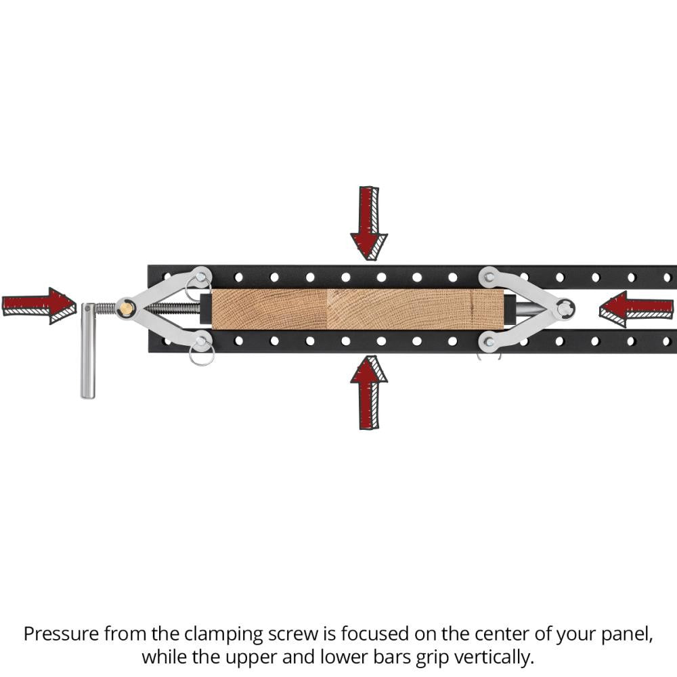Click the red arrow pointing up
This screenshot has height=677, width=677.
pos(369,392)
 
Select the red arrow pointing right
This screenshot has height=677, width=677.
pos(39,306)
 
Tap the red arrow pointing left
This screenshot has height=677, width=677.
pos(636,309)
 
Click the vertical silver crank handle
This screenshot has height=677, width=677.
pos(87,351)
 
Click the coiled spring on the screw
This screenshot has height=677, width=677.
pos(106,308)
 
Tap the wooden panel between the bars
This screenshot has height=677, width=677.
pos(357,309)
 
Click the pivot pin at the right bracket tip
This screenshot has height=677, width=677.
pos(565,309)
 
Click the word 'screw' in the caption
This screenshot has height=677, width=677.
pos(292,635)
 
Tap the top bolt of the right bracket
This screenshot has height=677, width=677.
pos(487,277)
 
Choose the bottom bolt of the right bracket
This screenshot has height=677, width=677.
pos(488,342)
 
